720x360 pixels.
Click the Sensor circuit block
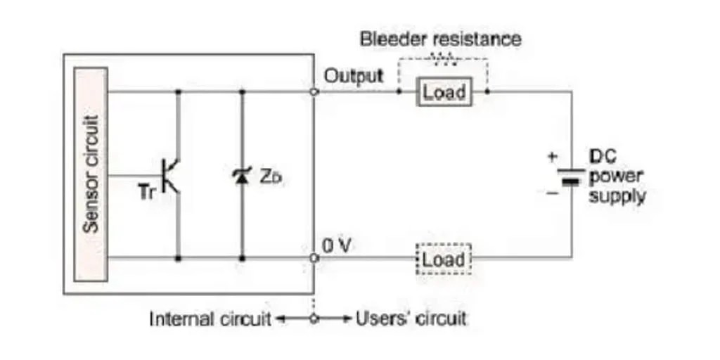pyautogui.click(x=90, y=174)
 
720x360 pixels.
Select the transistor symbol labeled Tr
pyautogui.click(x=171, y=175)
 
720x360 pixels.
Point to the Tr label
pyautogui.click(x=148, y=192)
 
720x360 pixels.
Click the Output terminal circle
pyautogui.click(x=314, y=91)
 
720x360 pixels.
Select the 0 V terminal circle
pyautogui.click(x=314, y=258)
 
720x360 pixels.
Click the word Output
pyautogui.click(x=354, y=76)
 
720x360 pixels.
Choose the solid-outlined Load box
pyautogui.click(x=443, y=92)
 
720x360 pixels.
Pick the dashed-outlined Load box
pyautogui.click(x=443, y=259)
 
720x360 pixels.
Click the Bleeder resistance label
pyautogui.click(x=441, y=38)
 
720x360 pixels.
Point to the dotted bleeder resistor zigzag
pyautogui.click(x=443, y=59)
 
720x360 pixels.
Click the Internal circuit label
pyautogui.click(x=210, y=319)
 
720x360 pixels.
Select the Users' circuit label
pyautogui.click(x=411, y=319)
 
